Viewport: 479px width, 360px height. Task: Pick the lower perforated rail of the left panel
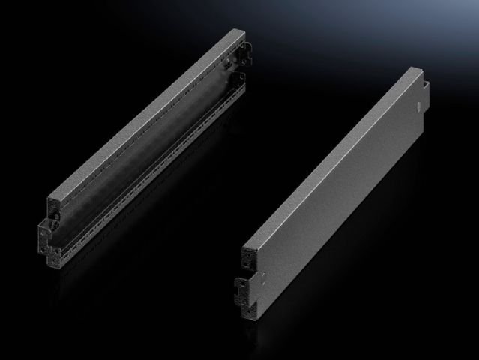[150, 187]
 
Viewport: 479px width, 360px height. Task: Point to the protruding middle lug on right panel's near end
[241, 286]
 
